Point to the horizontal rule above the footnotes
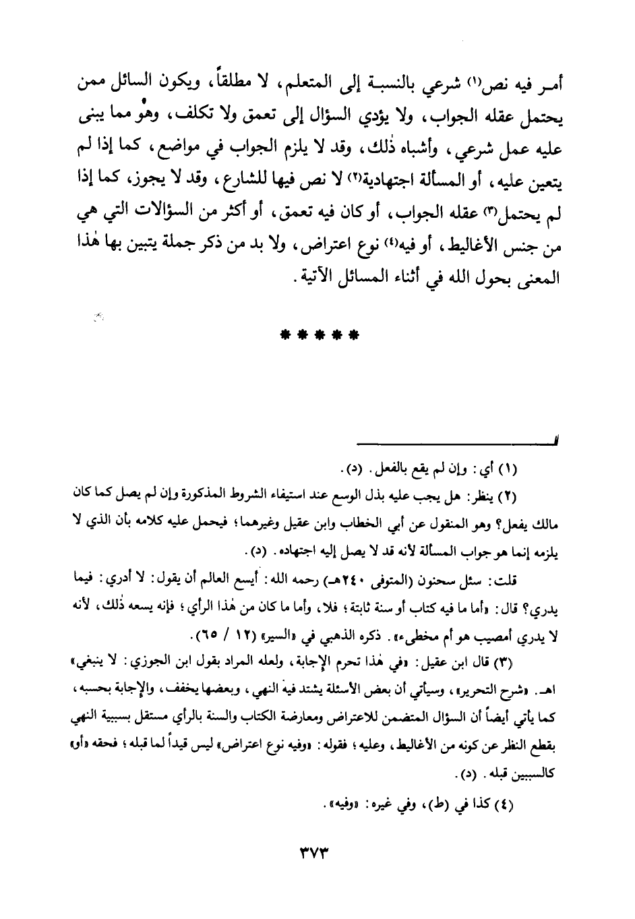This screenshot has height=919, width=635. pyautogui.click(x=458, y=442)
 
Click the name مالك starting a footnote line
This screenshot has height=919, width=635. pyautogui.click(x=548, y=523)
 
